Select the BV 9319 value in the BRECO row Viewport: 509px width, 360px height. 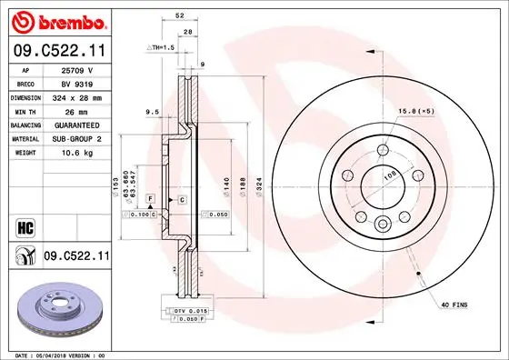click(78, 82)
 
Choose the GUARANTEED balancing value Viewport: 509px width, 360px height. click(78, 125)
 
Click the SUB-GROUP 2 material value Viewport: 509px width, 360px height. click(78, 138)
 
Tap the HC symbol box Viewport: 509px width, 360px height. click(25, 225)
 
